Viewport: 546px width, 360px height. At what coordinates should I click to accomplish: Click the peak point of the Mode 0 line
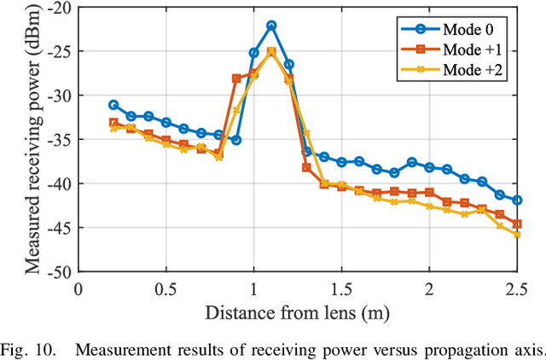click(271, 26)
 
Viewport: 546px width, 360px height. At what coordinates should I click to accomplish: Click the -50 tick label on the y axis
click(59, 272)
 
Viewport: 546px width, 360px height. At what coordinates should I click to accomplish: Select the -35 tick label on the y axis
click(59, 139)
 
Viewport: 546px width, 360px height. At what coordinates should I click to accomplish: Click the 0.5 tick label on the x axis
click(166, 288)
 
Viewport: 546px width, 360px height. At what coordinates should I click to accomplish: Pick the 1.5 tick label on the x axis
click(341, 288)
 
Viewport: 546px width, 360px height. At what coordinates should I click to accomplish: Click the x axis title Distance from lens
click(297, 311)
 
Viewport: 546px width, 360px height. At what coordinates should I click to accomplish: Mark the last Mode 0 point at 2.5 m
click(517, 200)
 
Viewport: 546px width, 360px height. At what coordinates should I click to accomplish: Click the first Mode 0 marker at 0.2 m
click(113, 104)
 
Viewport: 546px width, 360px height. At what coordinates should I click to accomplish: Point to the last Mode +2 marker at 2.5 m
click(517, 234)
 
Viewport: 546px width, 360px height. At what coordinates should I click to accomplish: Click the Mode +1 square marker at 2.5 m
click(517, 224)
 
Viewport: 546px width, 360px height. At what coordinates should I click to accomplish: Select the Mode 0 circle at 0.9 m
click(236, 140)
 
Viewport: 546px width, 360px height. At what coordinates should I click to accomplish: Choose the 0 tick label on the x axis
click(78, 288)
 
